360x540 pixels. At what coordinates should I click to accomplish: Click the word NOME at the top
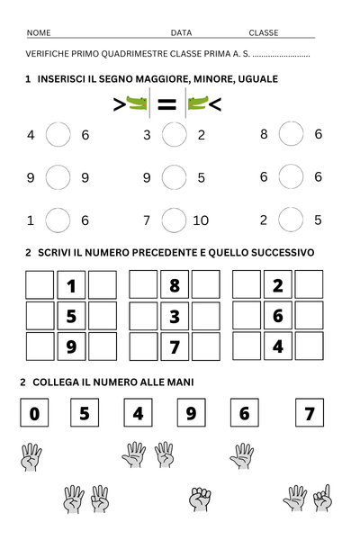click(x=39, y=32)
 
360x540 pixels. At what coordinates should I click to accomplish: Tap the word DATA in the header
click(x=181, y=32)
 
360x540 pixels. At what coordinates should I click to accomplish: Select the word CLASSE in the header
click(x=264, y=32)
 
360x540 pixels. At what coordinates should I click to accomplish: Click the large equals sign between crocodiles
click(x=167, y=105)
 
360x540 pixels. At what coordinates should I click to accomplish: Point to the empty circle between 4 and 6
click(x=58, y=135)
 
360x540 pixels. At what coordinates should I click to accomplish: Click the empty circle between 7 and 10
click(x=174, y=220)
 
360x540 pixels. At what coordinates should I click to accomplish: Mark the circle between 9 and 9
click(x=58, y=177)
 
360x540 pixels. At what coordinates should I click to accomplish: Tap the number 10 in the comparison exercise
click(x=201, y=220)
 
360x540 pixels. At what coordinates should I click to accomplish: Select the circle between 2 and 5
click(x=291, y=220)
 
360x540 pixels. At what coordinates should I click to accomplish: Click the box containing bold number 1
click(x=71, y=286)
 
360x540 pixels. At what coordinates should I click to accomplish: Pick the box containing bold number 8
click(x=175, y=286)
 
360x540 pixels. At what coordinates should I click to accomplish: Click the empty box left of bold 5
click(x=40, y=316)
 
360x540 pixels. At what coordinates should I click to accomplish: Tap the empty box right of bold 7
click(x=206, y=346)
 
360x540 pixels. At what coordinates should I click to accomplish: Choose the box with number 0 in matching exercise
click(x=34, y=414)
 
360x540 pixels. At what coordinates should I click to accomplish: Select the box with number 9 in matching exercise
click(x=191, y=414)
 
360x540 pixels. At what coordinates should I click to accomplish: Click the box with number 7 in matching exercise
click(x=310, y=414)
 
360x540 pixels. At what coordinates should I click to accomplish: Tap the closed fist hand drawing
click(x=200, y=498)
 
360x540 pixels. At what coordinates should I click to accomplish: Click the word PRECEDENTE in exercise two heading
click(x=138, y=253)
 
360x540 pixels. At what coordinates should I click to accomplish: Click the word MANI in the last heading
click(x=177, y=382)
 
